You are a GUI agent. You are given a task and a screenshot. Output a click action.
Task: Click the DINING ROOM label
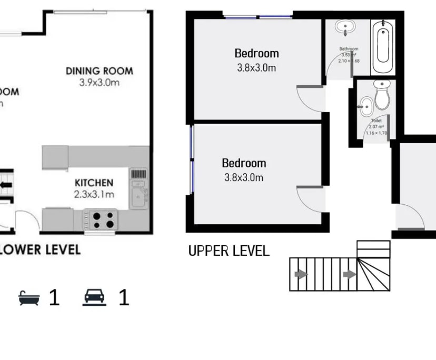[99, 71]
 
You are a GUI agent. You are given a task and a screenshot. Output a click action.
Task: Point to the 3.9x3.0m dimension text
[99, 83]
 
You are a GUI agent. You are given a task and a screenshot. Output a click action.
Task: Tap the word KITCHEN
[94, 183]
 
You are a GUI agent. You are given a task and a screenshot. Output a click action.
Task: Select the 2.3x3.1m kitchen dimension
[94, 194]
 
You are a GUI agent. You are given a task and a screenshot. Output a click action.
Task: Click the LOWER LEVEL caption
[40, 249]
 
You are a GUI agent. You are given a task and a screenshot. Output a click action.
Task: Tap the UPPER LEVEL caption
[229, 251]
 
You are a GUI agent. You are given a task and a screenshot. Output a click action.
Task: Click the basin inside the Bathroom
[347, 28]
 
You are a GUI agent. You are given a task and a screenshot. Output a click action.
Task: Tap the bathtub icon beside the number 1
[29, 298]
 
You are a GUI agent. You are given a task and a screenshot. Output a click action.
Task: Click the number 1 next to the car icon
[123, 298]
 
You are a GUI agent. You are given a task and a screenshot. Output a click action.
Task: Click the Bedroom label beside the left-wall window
[243, 163]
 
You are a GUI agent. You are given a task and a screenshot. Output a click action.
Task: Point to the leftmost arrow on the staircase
[301, 274]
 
